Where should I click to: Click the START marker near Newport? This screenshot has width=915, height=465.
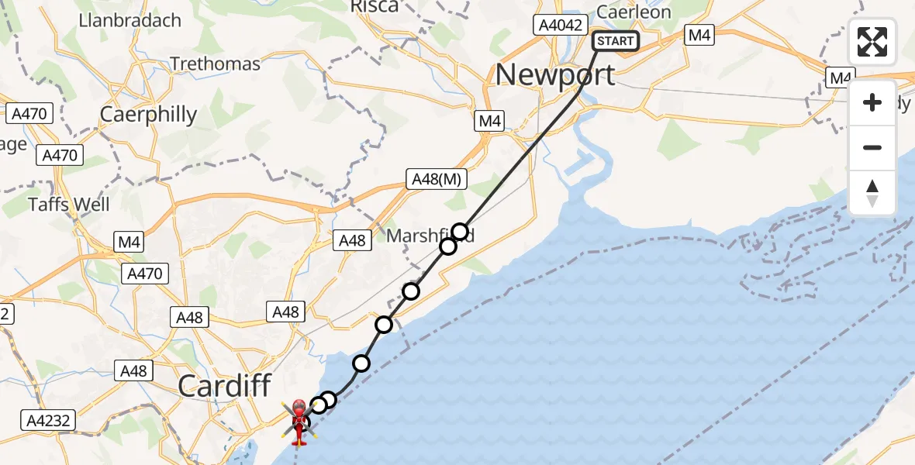[x=616, y=41]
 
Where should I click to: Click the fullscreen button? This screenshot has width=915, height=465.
[x=872, y=42]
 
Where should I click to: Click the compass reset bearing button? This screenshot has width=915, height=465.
[x=872, y=193]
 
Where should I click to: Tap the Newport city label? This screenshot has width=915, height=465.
[x=555, y=74]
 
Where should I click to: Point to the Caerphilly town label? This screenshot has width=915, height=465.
[x=148, y=115]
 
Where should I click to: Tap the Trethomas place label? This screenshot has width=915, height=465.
[x=215, y=64]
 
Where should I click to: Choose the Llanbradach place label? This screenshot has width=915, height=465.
[x=129, y=20]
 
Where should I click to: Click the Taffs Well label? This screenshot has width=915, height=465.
[x=69, y=205]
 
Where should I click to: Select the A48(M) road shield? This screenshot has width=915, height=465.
[x=437, y=180]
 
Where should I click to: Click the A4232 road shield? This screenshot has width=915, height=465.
[x=48, y=421]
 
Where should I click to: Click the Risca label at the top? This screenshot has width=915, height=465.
[x=375, y=7]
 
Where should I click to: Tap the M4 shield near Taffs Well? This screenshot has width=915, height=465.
[x=129, y=242]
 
